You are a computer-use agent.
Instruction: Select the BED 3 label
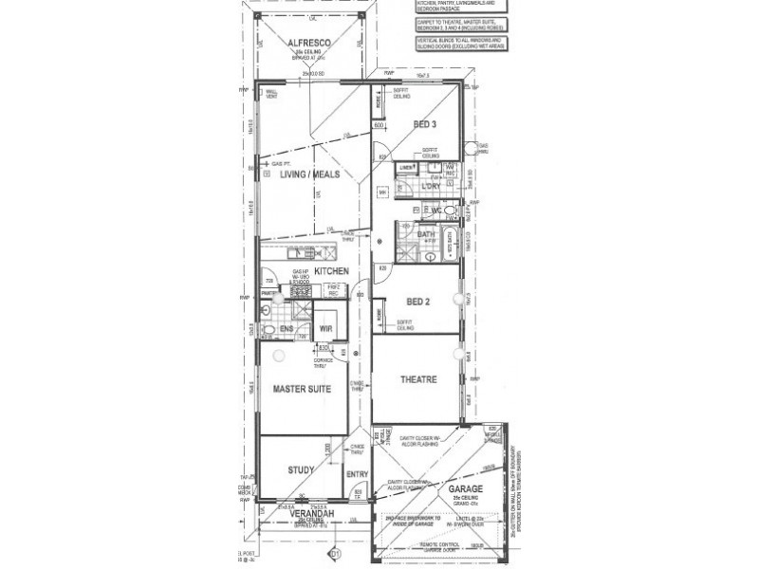[425, 124]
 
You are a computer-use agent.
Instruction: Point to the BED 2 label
[418, 301]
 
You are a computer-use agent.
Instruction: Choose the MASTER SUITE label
[302, 389]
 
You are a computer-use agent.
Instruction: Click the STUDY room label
[301, 469]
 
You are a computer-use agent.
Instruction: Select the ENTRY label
[357, 475]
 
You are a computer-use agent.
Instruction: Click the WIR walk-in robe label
[325, 329]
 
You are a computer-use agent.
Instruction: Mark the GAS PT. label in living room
[284, 162]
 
